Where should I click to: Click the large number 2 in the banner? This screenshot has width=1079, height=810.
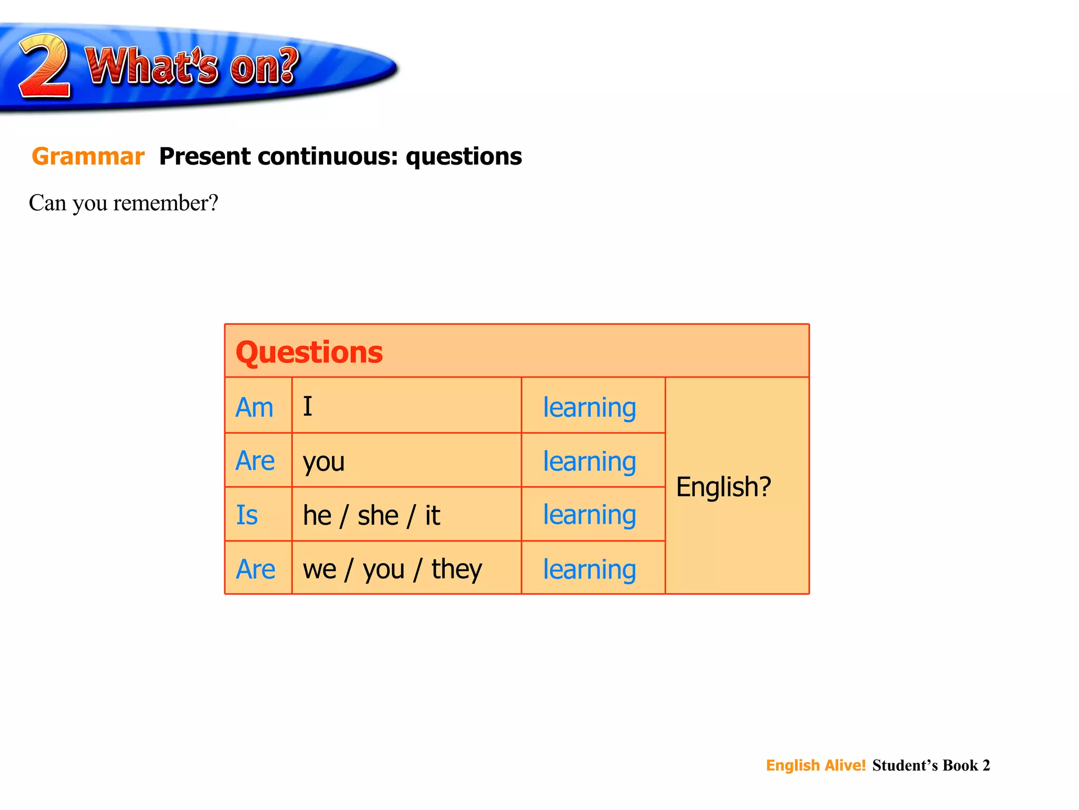point(45,66)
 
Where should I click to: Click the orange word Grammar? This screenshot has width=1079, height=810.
point(88,157)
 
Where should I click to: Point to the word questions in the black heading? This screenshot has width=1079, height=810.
point(464,157)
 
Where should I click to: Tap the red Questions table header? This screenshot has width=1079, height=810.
point(309,352)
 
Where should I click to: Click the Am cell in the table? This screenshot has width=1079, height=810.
point(254,408)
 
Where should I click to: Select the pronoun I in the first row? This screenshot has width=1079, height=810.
point(308,407)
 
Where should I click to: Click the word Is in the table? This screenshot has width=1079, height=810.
point(247,515)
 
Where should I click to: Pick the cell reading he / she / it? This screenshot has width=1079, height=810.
point(371,515)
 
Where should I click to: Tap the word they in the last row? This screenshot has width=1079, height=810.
point(456,570)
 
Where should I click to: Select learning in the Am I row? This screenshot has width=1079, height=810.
point(590,408)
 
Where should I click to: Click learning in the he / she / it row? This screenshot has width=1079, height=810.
point(590,515)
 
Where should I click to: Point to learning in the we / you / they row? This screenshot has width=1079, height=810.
point(590,570)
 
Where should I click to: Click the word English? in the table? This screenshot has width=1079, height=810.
point(723,487)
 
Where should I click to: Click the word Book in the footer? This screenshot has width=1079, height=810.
point(960,765)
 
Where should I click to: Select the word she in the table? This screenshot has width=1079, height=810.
point(378,515)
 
